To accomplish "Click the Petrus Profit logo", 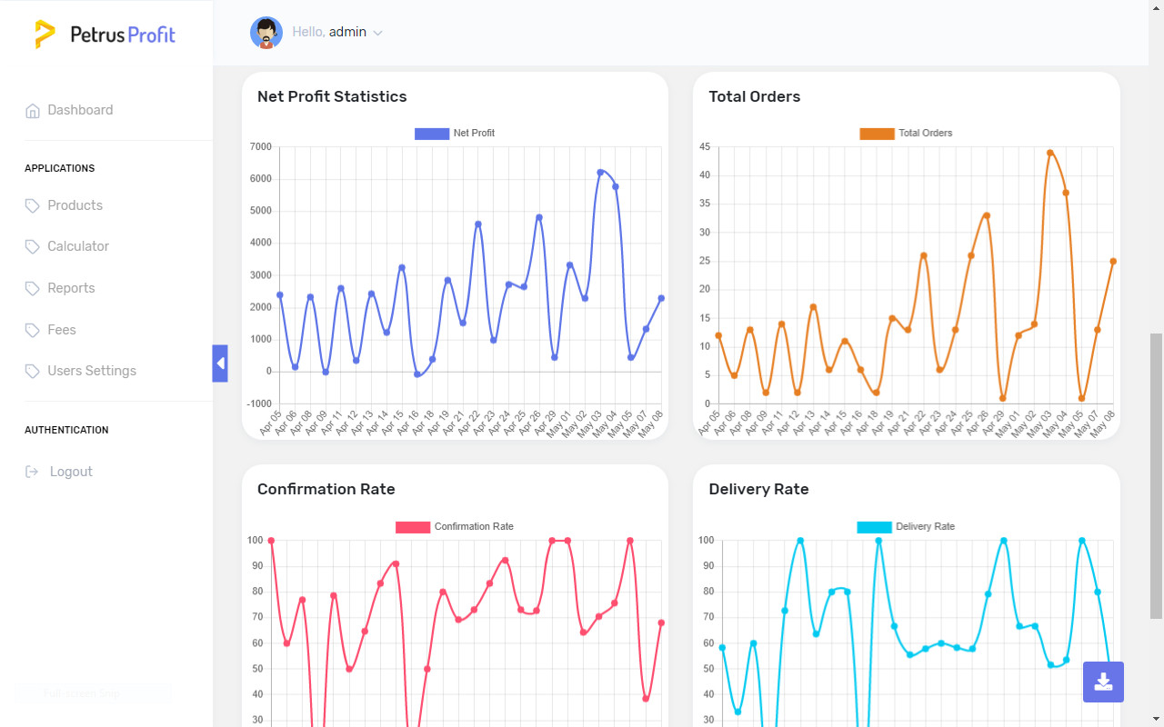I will tap(105, 35).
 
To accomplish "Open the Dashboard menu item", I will tap(80, 110).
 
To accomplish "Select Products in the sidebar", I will tap(75, 205).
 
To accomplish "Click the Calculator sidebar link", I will tap(78, 246).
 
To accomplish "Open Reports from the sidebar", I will tap(71, 288).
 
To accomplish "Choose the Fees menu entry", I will tap(62, 330).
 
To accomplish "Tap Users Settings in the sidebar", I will tap(92, 371).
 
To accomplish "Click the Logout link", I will tap(71, 472).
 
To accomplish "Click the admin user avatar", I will tap(266, 33).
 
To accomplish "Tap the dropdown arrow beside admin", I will tap(378, 34).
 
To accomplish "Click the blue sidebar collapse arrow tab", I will tap(220, 363).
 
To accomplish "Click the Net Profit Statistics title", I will tap(332, 96).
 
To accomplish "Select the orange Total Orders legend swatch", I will tap(877, 134).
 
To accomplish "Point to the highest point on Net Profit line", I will tap(600, 172).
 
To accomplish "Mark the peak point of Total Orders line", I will tap(1049, 153).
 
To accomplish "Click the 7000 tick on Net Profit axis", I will tap(260, 147).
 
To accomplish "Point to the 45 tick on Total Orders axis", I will tap(705, 147).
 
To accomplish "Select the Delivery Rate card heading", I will tap(758, 489).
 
